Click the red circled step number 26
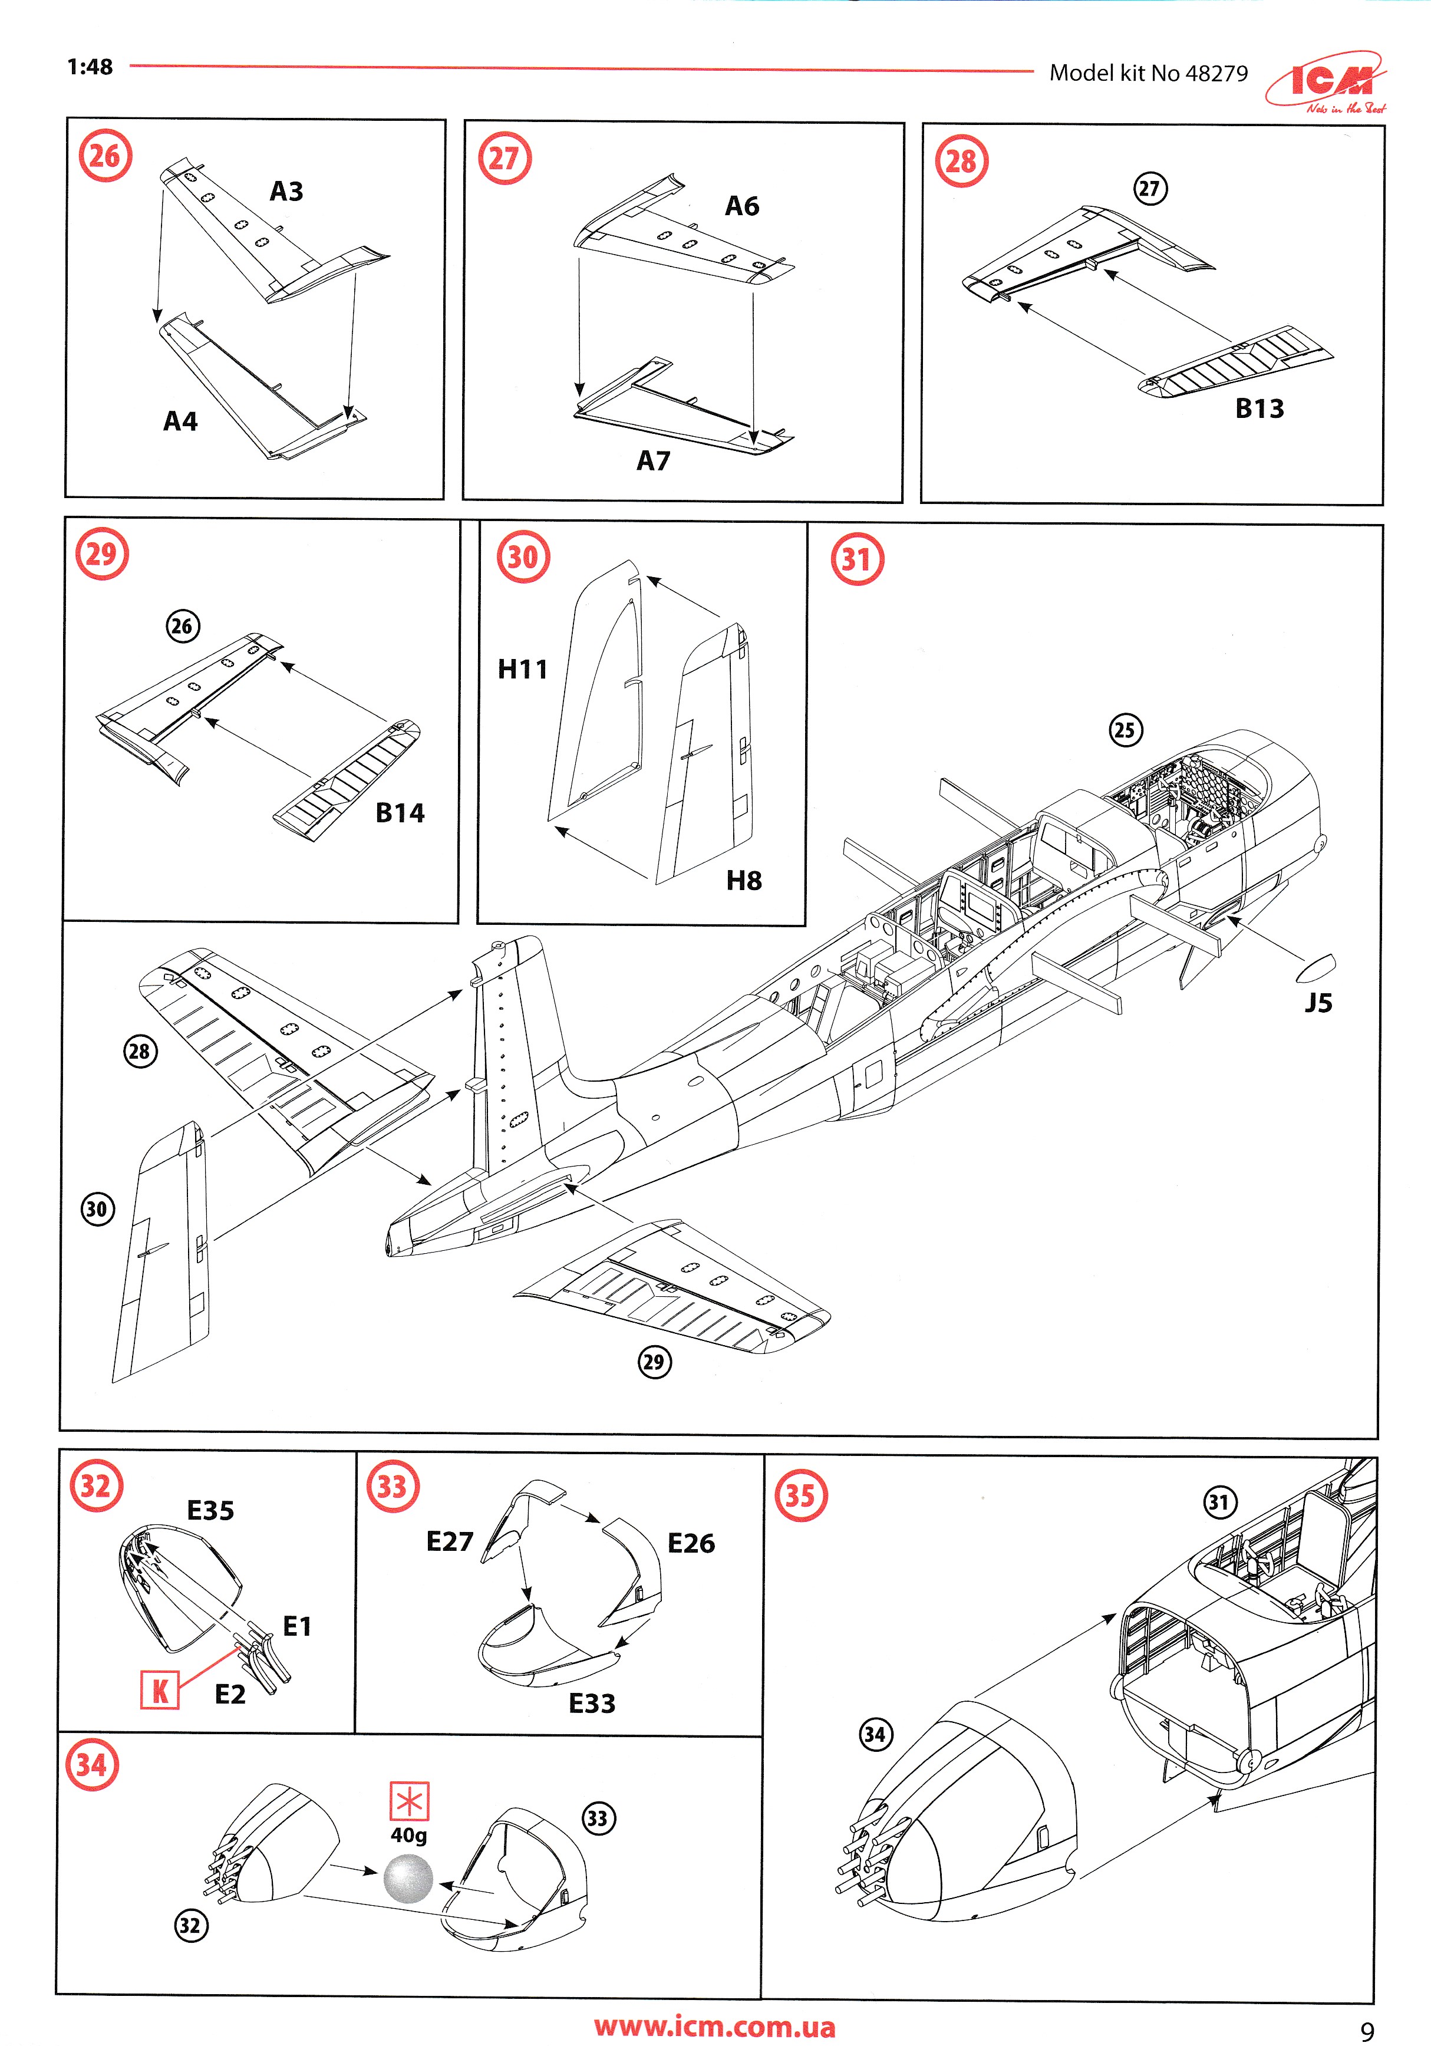click(105, 156)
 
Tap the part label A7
click(653, 461)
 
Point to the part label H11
click(522, 669)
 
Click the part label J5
click(1318, 1003)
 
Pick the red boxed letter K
click(160, 1691)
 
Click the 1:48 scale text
click(90, 67)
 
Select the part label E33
click(592, 1703)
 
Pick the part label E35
click(210, 1510)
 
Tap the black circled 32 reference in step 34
click(190, 1925)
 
